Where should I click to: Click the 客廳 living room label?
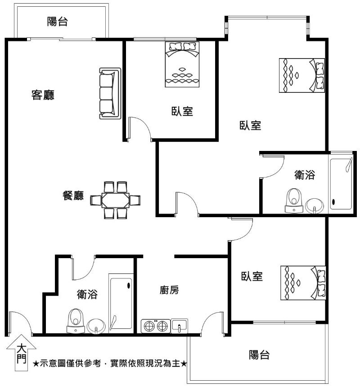(43, 95)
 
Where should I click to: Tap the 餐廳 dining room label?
(73, 196)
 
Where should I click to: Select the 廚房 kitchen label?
(169, 290)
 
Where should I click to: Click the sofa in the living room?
(110, 93)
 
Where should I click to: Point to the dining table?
(115, 200)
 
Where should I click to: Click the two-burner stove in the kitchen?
(156, 326)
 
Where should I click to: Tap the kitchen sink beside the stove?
(179, 326)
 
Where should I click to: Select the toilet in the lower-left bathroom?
(76, 321)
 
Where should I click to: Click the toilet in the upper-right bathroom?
(294, 200)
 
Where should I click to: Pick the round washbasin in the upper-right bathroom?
(315, 205)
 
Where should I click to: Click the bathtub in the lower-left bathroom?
(121, 303)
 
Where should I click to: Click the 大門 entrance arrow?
(22, 353)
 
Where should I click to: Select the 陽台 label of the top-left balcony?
(58, 22)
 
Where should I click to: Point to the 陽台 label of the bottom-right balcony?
(259, 355)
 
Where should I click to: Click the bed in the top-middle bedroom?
(182, 64)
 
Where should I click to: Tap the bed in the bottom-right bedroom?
(303, 283)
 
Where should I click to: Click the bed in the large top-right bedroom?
(302, 75)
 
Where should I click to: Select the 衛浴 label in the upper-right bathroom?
(305, 175)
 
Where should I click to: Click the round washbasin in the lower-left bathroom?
(96, 326)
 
